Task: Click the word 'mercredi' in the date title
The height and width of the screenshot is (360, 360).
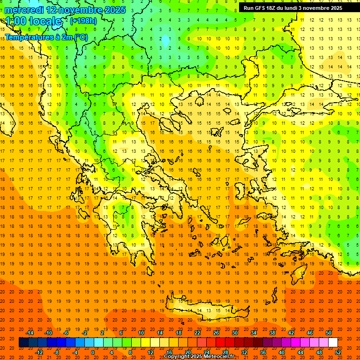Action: pos(24,10)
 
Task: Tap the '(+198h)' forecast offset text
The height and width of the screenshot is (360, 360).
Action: pos(83,21)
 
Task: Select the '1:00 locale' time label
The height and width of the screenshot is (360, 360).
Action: pos(33,21)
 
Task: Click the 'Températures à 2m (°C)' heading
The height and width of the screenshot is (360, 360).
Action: pos(46,37)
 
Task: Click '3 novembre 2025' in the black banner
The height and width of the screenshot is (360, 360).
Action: pos(320,8)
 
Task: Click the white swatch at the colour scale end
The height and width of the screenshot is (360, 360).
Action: pos(333,343)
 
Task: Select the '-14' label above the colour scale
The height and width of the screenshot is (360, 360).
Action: pos(30,333)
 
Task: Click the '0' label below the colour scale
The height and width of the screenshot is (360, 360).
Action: pos(93,352)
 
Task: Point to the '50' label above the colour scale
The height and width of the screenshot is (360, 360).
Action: pos(329,333)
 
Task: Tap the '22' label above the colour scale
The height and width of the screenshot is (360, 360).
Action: pos(197,333)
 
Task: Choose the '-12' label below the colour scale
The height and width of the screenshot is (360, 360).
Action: pos(39,352)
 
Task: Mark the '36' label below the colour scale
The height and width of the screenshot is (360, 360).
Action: pos(263,352)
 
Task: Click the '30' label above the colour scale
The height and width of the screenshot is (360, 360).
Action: pos(235,333)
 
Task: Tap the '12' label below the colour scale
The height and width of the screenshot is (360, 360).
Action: pos(150,352)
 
